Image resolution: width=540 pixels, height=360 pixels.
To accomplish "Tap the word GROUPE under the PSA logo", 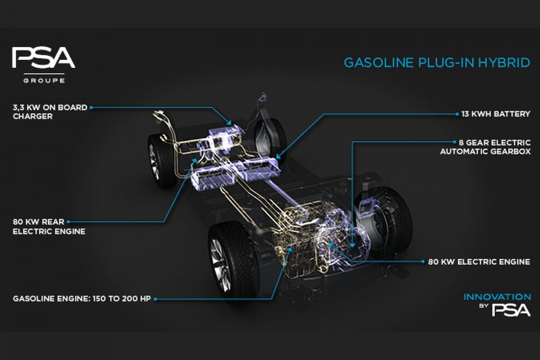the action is coord(44,81).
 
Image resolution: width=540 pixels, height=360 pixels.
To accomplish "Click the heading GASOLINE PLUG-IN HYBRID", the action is coord(437,63).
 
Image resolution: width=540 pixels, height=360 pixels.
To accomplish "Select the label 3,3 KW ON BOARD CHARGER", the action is coord(50,112).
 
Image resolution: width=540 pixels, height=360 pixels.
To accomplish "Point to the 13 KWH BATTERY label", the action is coord(496,114).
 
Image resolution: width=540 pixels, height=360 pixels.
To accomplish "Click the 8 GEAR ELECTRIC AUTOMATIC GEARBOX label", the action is coord(485,147).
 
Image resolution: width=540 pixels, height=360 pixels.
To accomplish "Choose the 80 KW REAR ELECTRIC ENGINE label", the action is coord(49,226).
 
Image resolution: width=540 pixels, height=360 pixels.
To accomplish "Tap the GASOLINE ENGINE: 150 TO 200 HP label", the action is coord(82,298).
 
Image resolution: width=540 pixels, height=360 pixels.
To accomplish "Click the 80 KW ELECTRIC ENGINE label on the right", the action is coord(479,261).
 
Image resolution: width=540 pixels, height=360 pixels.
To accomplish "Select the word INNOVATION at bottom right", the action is coord(497,297).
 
